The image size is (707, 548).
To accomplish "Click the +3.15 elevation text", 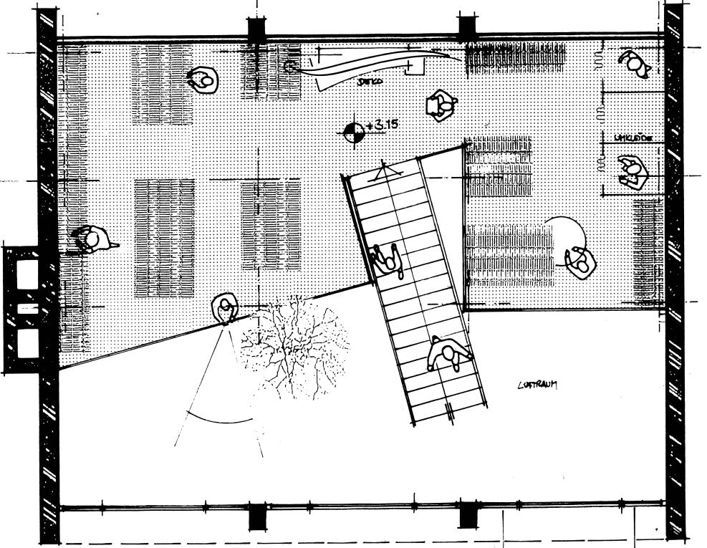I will (381, 125).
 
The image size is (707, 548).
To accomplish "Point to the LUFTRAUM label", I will (537, 385).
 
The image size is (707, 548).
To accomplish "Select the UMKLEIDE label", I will (633, 138).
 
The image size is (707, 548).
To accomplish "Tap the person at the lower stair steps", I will (448, 355).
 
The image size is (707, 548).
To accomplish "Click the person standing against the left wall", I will (92, 240).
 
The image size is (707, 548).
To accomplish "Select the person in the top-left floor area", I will (203, 80).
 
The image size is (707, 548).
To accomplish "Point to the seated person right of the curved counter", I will (441, 105).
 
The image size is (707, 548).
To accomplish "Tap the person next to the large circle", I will (580, 261).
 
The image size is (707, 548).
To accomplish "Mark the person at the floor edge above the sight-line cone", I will (226, 309).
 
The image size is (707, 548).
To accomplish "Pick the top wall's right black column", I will (467, 27).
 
